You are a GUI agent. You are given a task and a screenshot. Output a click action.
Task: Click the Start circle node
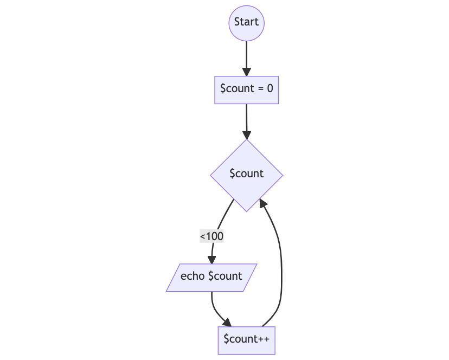(x=246, y=23)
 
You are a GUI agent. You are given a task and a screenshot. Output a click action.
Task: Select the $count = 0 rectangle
(x=246, y=90)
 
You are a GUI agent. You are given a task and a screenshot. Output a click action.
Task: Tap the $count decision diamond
(x=246, y=175)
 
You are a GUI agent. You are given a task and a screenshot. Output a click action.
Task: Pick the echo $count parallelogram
(x=211, y=278)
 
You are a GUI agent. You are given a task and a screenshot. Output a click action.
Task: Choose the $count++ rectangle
(x=246, y=340)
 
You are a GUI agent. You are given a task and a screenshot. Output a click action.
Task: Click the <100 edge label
(x=211, y=236)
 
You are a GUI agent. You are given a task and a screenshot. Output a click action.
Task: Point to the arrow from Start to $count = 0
(x=247, y=59)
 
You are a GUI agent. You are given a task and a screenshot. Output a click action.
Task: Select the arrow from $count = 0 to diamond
(x=247, y=122)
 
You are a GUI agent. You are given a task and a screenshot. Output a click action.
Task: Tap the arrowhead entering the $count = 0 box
(x=247, y=72)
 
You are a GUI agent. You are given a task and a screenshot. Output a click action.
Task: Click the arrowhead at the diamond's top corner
(x=247, y=135)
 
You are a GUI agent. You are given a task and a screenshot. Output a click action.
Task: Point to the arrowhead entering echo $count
(x=211, y=260)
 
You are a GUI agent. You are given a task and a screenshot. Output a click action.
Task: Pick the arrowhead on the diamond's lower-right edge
(x=262, y=203)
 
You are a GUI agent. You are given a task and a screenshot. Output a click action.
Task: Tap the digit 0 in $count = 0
(x=270, y=88)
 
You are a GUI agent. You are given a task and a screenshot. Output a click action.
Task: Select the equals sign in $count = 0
(x=261, y=89)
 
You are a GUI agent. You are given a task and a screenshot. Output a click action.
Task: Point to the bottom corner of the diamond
(x=247, y=212)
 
